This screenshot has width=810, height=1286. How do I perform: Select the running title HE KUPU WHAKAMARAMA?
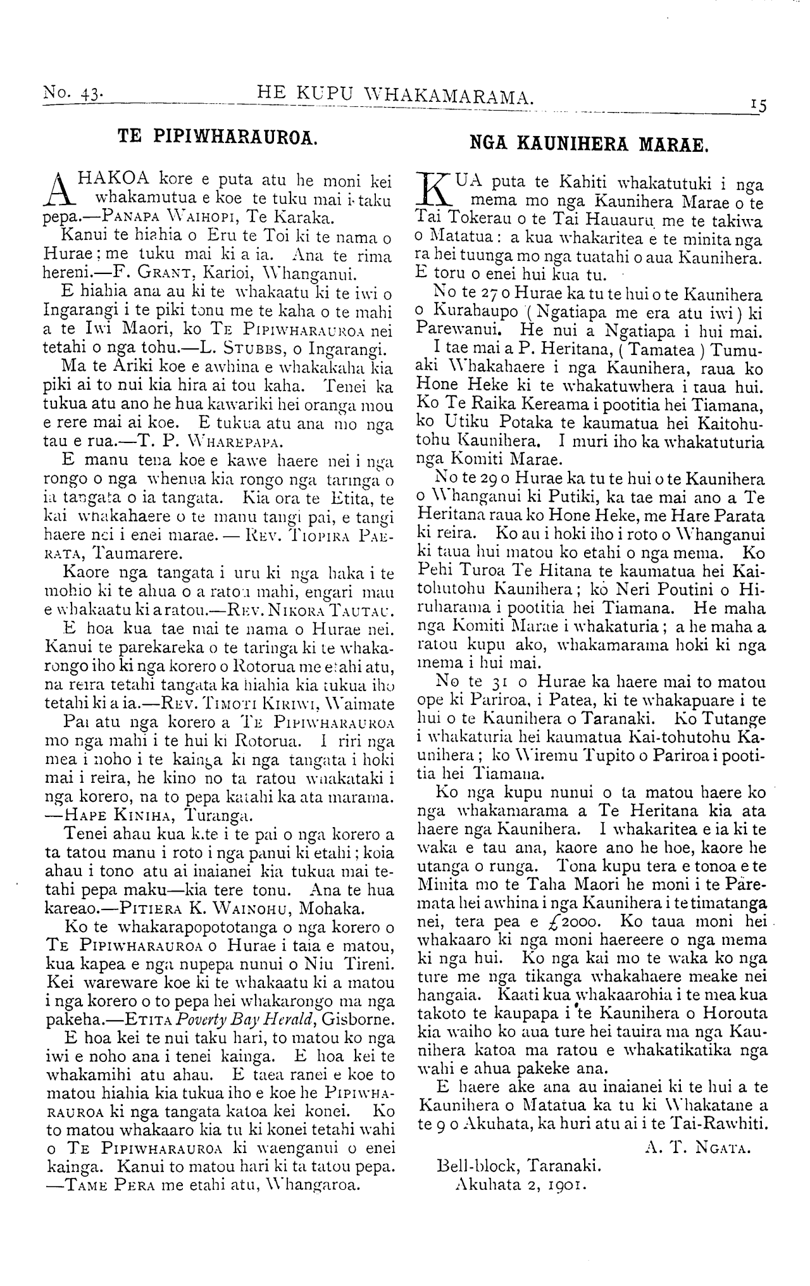397,96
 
